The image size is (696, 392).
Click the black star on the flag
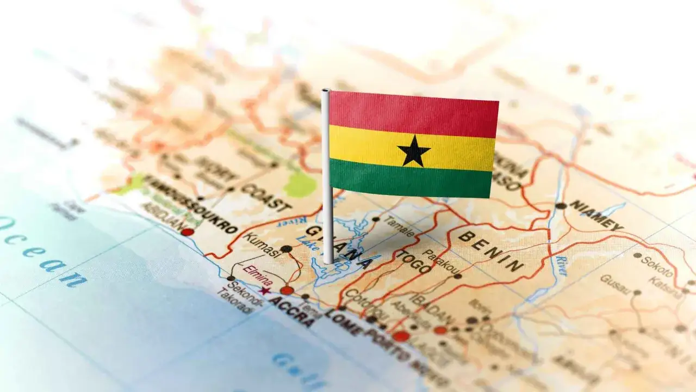click(x=414, y=151)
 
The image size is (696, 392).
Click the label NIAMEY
click(x=596, y=215)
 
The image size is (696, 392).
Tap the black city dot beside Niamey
click(x=561, y=206)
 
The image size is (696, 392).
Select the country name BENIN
click(x=491, y=251)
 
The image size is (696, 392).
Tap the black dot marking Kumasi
click(x=287, y=249)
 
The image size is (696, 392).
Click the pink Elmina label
click(x=257, y=275)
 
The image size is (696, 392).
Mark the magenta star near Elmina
click(x=265, y=291)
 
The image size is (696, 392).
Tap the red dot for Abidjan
click(x=187, y=232)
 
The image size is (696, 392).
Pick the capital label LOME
click(x=343, y=322)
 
